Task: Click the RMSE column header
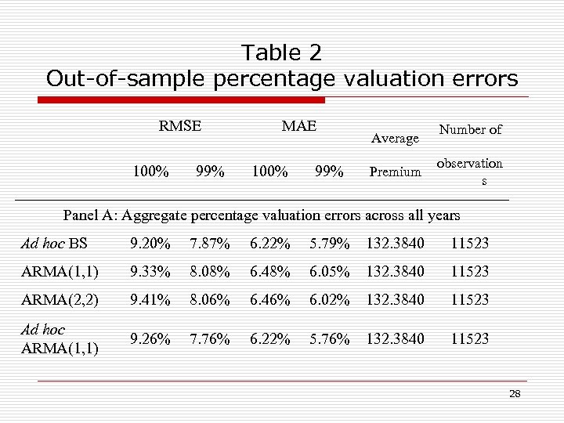coord(179,125)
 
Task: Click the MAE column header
coord(299,125)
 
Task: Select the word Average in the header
coord(395,139)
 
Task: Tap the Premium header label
coord(395,172)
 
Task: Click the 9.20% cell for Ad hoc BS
coord(150,244)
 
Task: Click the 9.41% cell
coord(150,299)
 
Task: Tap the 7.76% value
coord(210,339)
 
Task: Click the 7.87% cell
coord(210,244)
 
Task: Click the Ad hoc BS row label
coord(55,244)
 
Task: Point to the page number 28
coord(515,394)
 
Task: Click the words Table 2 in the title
coord(281,53)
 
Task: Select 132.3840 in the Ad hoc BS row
coord(395,244)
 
